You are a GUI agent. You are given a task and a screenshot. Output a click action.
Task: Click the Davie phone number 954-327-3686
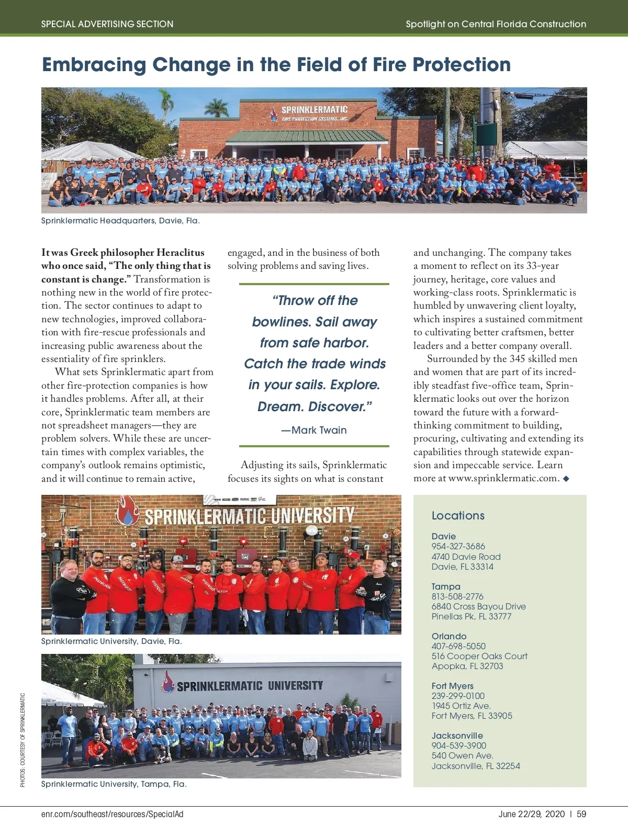click(x=458, y=546)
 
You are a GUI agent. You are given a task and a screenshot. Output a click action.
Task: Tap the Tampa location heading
click(x=446, y=586)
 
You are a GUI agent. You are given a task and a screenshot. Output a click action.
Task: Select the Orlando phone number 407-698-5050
click(x=458, y=646)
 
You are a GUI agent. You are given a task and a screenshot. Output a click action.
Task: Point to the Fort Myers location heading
click(x=452, y=686)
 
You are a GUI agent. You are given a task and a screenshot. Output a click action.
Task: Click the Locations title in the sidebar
click(x=458, y=515)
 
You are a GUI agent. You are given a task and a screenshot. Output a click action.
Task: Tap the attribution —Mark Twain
click(x=314, y=430)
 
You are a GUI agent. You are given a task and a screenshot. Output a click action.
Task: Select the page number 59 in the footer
click(x=581, y=814)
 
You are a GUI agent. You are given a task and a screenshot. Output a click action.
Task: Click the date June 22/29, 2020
click(x=531, y=814)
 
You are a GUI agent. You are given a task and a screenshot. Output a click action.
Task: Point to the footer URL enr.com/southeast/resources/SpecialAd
click(x=112, y=814)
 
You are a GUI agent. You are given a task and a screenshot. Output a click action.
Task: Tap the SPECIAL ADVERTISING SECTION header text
click(x=107, y=24)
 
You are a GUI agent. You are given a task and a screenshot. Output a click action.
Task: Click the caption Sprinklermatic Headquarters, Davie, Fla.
click(x=120, y=221)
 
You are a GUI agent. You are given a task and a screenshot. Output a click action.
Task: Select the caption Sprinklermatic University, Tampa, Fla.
click(x=114, y=784)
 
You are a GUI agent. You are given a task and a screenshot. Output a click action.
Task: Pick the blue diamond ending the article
click(x=566, y=478)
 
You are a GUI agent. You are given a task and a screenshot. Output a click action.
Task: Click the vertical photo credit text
click(x=23, y=740)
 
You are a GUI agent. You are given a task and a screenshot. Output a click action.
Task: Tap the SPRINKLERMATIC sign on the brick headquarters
click(x=314, y=109)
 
